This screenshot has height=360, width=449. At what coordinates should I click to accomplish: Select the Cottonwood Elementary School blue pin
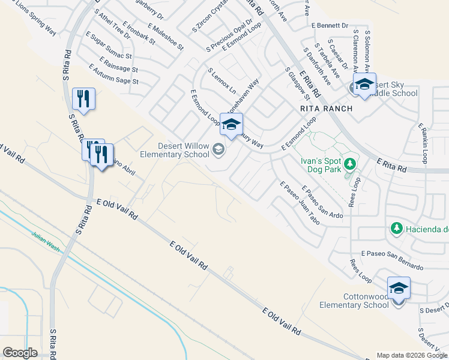pos(399,289)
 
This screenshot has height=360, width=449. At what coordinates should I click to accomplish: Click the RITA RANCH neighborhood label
pos(325,109)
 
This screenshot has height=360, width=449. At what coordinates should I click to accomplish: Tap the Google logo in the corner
pos(20,353)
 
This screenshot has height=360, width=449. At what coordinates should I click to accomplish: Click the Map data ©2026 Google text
pos(411,355)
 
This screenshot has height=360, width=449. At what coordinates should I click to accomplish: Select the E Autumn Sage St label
pos(112,74)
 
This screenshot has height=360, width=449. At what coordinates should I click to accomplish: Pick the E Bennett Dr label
pos(330,25)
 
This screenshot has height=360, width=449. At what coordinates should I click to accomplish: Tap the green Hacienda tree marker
pos(396,228)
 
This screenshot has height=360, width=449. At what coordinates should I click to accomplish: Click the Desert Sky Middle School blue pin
pos(364,85)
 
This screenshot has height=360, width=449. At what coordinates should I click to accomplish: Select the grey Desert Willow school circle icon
pos(218,149)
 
